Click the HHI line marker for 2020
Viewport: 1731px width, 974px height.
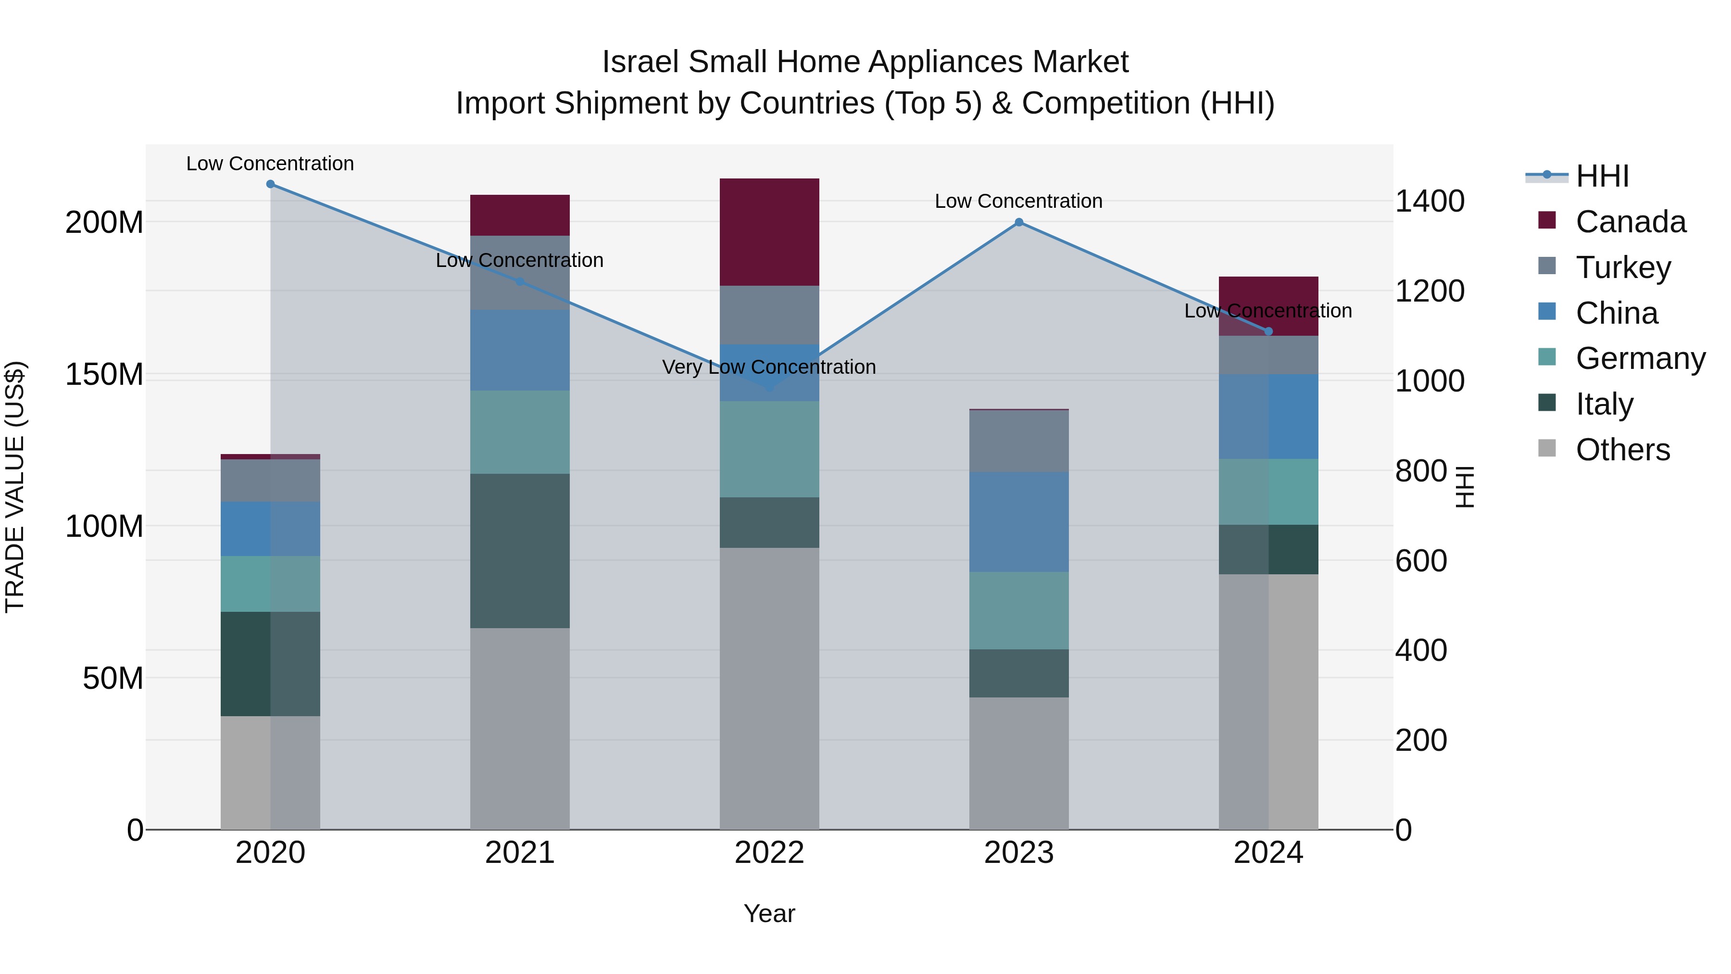pyautogui.click(x=270, y=184)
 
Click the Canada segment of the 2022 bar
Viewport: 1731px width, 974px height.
pyautogui.click(x=769, y=232)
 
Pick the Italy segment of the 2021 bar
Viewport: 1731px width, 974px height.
pyautogui.click(x=519, y=551)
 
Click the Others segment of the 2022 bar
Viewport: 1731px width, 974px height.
pyautogui.click(x=769, y=688)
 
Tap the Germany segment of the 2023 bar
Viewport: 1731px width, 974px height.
pyautogui.click(x=1019, y=610)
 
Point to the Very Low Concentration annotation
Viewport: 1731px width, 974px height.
pyautogui.click(x=769, y=367)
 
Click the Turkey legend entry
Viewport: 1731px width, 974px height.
pyautogui.click(x=1623, y=267)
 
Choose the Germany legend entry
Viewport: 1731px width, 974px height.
pyautogui.click(x=1640, y=358)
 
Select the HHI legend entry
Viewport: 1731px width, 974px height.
pyautogui.click(x=1602, y=176)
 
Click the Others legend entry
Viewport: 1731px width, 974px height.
pyautogui.click(x=1622, y=450)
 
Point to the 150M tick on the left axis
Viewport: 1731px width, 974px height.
pyautogui.click(x=104, y=374)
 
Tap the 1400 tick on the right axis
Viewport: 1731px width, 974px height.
pyautogui.click(x=1430, y=201)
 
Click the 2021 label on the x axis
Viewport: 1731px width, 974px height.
pyautogui.click(x=519, y=853)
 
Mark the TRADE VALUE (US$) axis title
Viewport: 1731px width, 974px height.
pyautogui.click(x=15, y=487)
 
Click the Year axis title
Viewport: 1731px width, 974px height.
pyautogui.click(x=769, y=913)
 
